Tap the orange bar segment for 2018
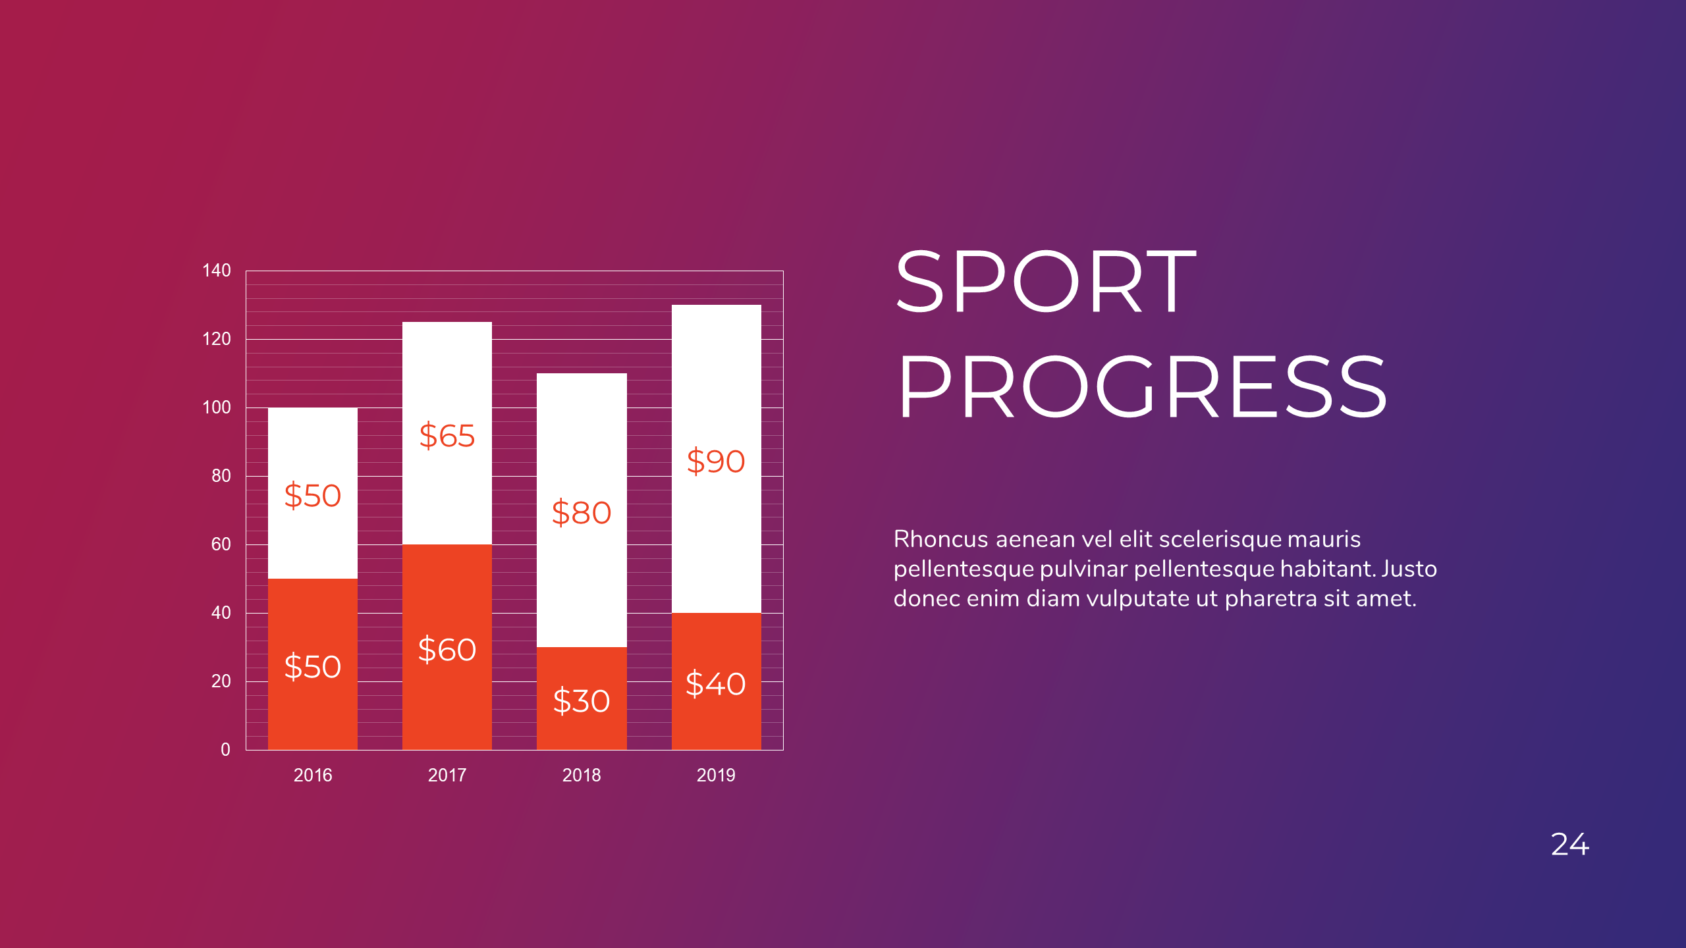point(581,731)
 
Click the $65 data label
point(447,436)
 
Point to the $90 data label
point(716,461)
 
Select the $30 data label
point(581,700)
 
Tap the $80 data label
point(581,513)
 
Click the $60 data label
point(447,650)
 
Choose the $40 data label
point(716,683)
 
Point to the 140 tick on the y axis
point(217,271)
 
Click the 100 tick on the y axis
point(217,408)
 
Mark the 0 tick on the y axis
point(225,749)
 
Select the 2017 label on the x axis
point(447,775)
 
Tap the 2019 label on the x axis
point(716,775)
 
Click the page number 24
point(1570,845)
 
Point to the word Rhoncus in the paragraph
point(940,539)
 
